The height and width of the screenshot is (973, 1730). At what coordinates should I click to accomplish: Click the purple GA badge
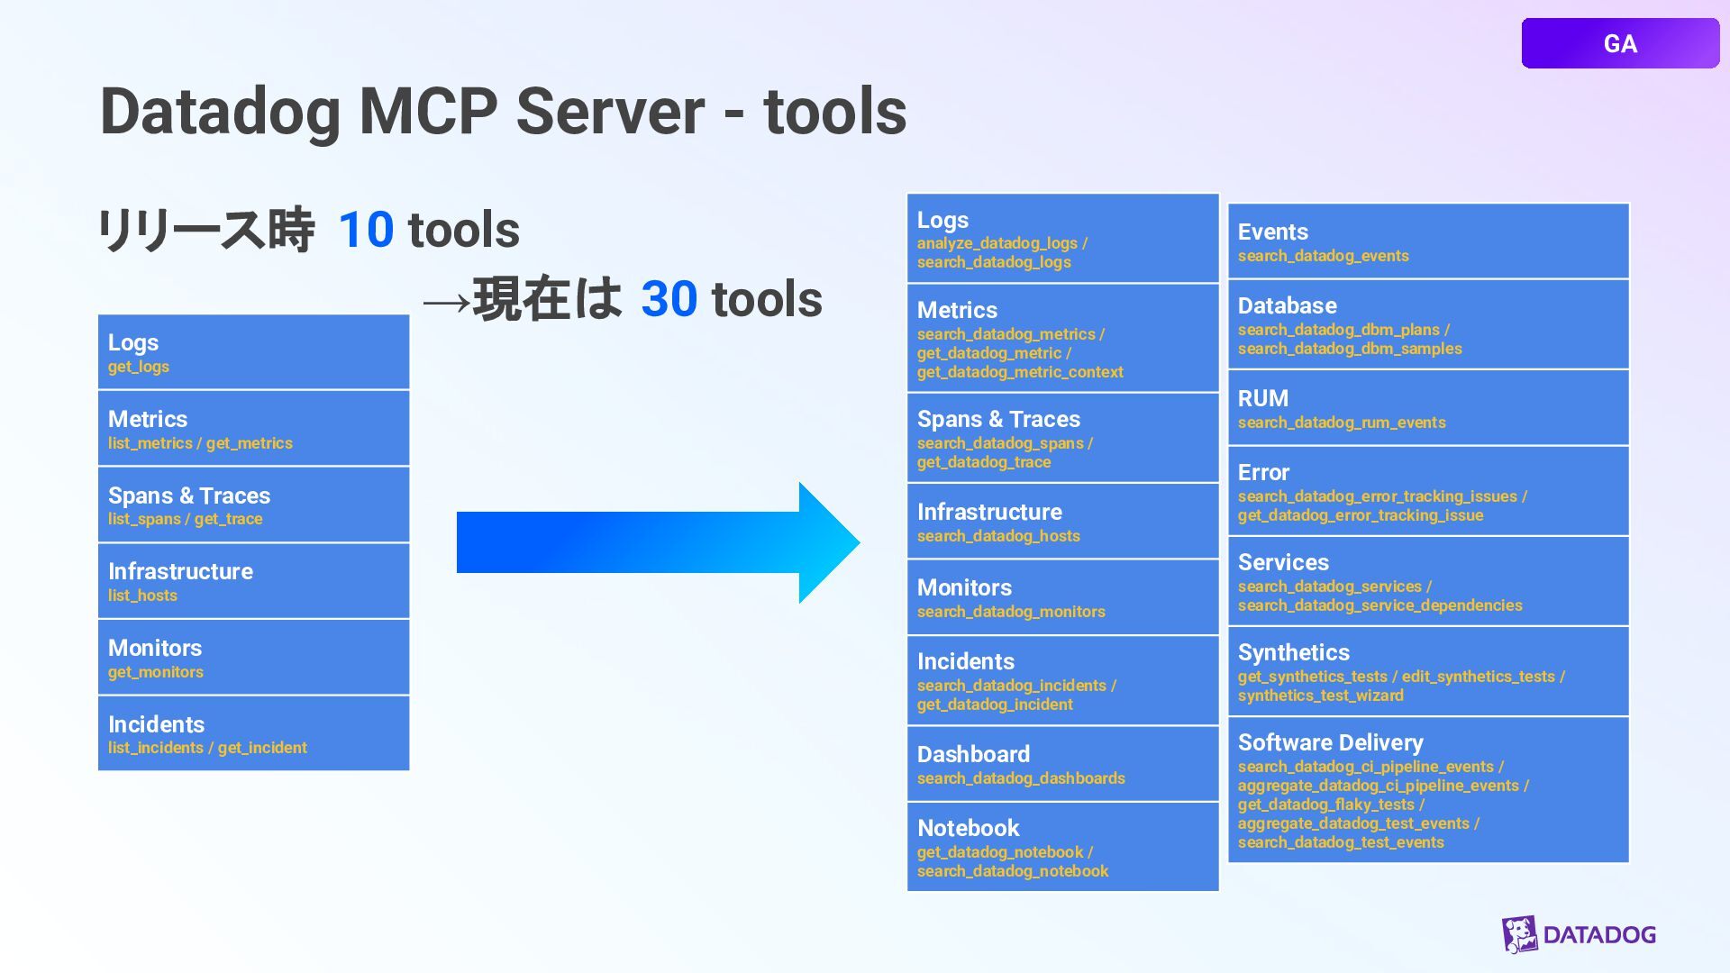tap(1619, 43)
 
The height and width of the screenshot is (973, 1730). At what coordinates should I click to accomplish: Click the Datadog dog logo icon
tap(1519, 934)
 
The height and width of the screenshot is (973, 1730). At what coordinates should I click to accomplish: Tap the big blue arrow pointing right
tap(657, 542)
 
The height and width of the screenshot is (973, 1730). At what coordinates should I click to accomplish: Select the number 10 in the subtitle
tap(366, 230)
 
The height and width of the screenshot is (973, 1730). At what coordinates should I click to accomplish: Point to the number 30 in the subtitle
tap(669, 299)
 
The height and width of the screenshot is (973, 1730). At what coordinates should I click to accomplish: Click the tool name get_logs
tap(139, 367)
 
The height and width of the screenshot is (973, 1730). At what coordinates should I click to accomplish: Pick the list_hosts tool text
tap(142, 596)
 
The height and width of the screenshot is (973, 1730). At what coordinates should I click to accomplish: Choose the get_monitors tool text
tap(156, 672)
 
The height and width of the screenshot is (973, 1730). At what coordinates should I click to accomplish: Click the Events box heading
tap(1272, 232)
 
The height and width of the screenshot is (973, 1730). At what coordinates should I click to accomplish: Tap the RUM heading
tap(1262, 398)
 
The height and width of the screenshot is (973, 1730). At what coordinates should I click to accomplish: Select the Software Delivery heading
tap(1330, 742)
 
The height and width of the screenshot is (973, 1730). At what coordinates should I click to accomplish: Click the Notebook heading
tap(968, 828)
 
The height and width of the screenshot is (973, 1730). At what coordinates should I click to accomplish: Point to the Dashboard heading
tap(973, 754)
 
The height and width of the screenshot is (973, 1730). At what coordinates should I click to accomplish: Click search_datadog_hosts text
tap(998, 536)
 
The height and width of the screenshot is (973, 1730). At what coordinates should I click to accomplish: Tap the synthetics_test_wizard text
tap(1320, 696)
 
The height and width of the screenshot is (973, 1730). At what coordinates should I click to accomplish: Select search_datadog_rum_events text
tap(1341, 423)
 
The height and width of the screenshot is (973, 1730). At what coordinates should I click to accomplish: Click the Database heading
tap(1287, 306)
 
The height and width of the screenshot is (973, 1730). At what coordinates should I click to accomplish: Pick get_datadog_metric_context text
tap(1020, 372)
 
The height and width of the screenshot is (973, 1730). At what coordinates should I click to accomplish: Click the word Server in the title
tap(610, 112)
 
